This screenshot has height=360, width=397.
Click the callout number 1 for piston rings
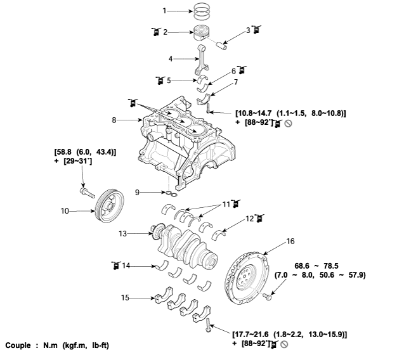[x=164, y=11]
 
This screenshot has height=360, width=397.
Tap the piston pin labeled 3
[x=226, y=44]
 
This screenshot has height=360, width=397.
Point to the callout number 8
[x=114, y=119]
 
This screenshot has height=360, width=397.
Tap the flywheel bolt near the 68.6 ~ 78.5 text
[x=268, y=295]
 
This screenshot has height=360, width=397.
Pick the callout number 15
[x=126, y=297]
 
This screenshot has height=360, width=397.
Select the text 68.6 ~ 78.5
[x=322, y=265]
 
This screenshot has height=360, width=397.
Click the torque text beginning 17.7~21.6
[x=289, y=333]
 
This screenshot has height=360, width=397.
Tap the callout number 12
[x=249, y=218]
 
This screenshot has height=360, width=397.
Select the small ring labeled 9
[x=169, y=193]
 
